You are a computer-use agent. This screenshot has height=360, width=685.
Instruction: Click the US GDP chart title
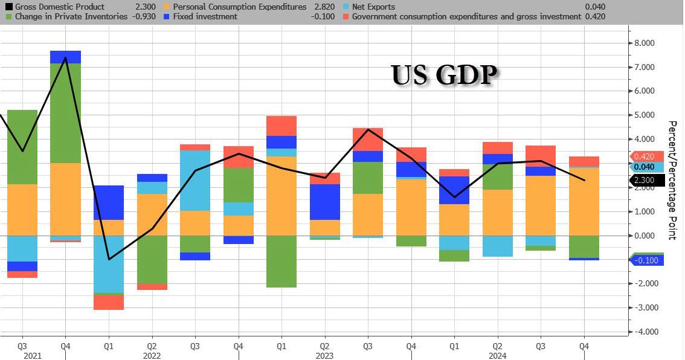click(x=444, y=76)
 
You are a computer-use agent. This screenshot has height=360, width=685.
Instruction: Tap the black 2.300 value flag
click(x=646, y=179)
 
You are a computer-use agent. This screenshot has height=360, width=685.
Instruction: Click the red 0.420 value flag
click(x=646, y=156)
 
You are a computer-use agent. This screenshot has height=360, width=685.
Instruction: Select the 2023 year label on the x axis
click(x=325, y=356)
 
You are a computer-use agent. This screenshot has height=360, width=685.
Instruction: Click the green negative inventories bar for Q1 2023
click(x=281, y=261)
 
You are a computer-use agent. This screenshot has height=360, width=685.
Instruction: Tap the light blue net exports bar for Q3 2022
click(x=195, y=180)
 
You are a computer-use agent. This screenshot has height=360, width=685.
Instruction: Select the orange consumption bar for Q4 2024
click(x=584, y=202)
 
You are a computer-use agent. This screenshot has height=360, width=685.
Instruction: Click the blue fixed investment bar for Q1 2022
click(x=109, y=202)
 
